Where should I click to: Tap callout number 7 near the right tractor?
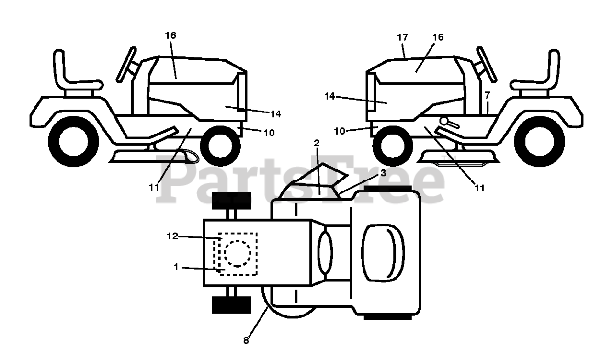tap(487, 95)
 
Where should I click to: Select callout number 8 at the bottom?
tap(246, 341)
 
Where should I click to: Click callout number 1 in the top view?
tap(176, 267)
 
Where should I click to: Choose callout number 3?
tap(383, 173)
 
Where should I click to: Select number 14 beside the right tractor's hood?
tap(329, 97)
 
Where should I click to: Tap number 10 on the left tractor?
tap(269, 133)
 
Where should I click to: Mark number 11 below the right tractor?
tap(479, 188)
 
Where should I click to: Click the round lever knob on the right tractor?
tap(446, 121)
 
